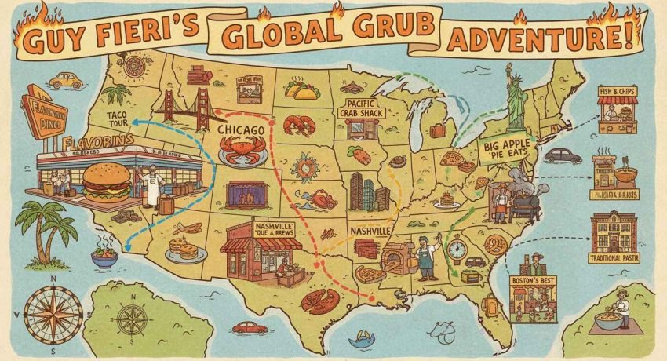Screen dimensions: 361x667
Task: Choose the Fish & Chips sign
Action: [x=617, y=91]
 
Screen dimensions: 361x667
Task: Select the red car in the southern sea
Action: [x=250, y=327]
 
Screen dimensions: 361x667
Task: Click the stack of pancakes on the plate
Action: [x=187, y=250]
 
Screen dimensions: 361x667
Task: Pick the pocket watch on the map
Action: [x=457, y=250]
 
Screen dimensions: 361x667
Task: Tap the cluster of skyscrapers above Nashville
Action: [x=369, y=191]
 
